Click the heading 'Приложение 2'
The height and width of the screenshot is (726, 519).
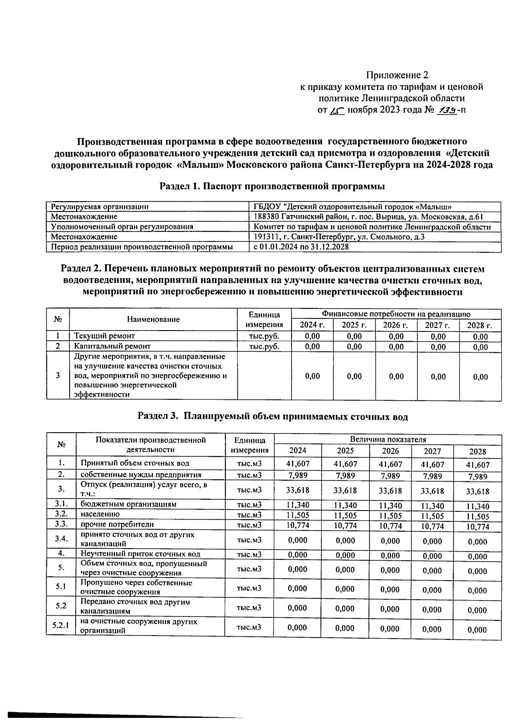[x=397, y=74]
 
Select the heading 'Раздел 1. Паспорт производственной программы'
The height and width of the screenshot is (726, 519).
[x=272, y=186]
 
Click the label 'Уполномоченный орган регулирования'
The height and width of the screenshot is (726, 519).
[x=122, y=226]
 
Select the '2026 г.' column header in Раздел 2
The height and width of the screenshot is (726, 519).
[x=396, y=325]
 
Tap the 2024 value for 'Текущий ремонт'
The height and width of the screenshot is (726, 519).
[x=312, y=336]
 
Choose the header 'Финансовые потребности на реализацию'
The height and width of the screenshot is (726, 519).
[x=395, y=314]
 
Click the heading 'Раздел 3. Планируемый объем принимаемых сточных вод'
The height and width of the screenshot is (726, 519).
[x=272, y=416]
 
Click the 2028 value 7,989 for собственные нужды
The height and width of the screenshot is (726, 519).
[x=477, y=476]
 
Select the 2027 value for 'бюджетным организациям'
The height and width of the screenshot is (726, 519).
[x=432, y=505]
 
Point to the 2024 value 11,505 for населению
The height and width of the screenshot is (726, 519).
[x=297, y=515]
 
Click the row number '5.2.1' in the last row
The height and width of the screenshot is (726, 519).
[x=61, y=626]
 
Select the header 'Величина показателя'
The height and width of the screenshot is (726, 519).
[x=388, y=439]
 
